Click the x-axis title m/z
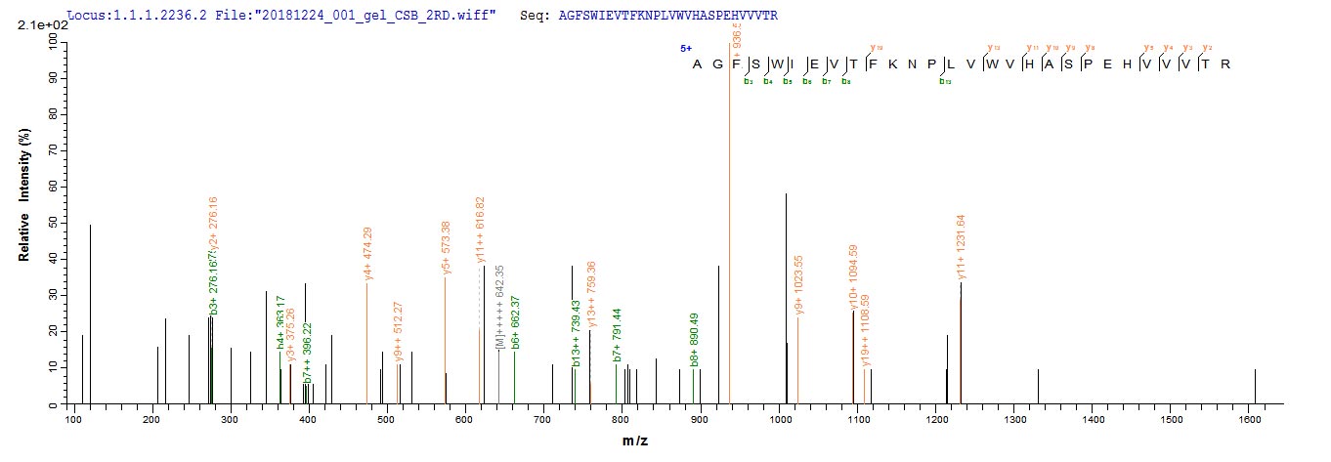[635, 441]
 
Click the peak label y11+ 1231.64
[963, 246]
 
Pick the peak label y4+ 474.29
[368, 255]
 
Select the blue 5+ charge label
[686, 48]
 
